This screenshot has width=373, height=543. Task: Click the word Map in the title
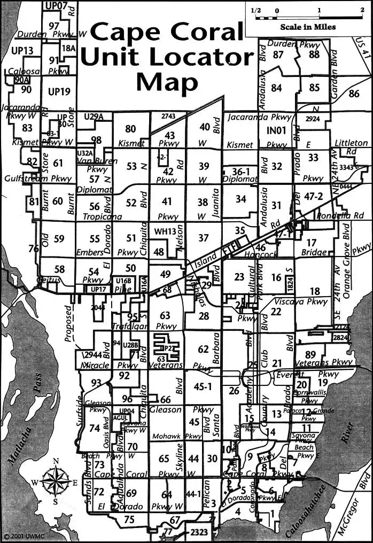(x=167, y=81)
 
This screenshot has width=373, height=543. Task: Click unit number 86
(x=353, y=94)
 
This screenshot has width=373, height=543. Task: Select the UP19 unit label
(x=59, y=92)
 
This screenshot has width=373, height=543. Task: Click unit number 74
(x=95, y=428)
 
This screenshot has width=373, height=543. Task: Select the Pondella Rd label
(x=340, y=216)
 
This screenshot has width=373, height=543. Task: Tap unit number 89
(x=310, y=354)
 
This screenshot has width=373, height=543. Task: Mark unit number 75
(x=129, y=519)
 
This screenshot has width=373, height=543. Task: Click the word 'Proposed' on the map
(x=68, y=323)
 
